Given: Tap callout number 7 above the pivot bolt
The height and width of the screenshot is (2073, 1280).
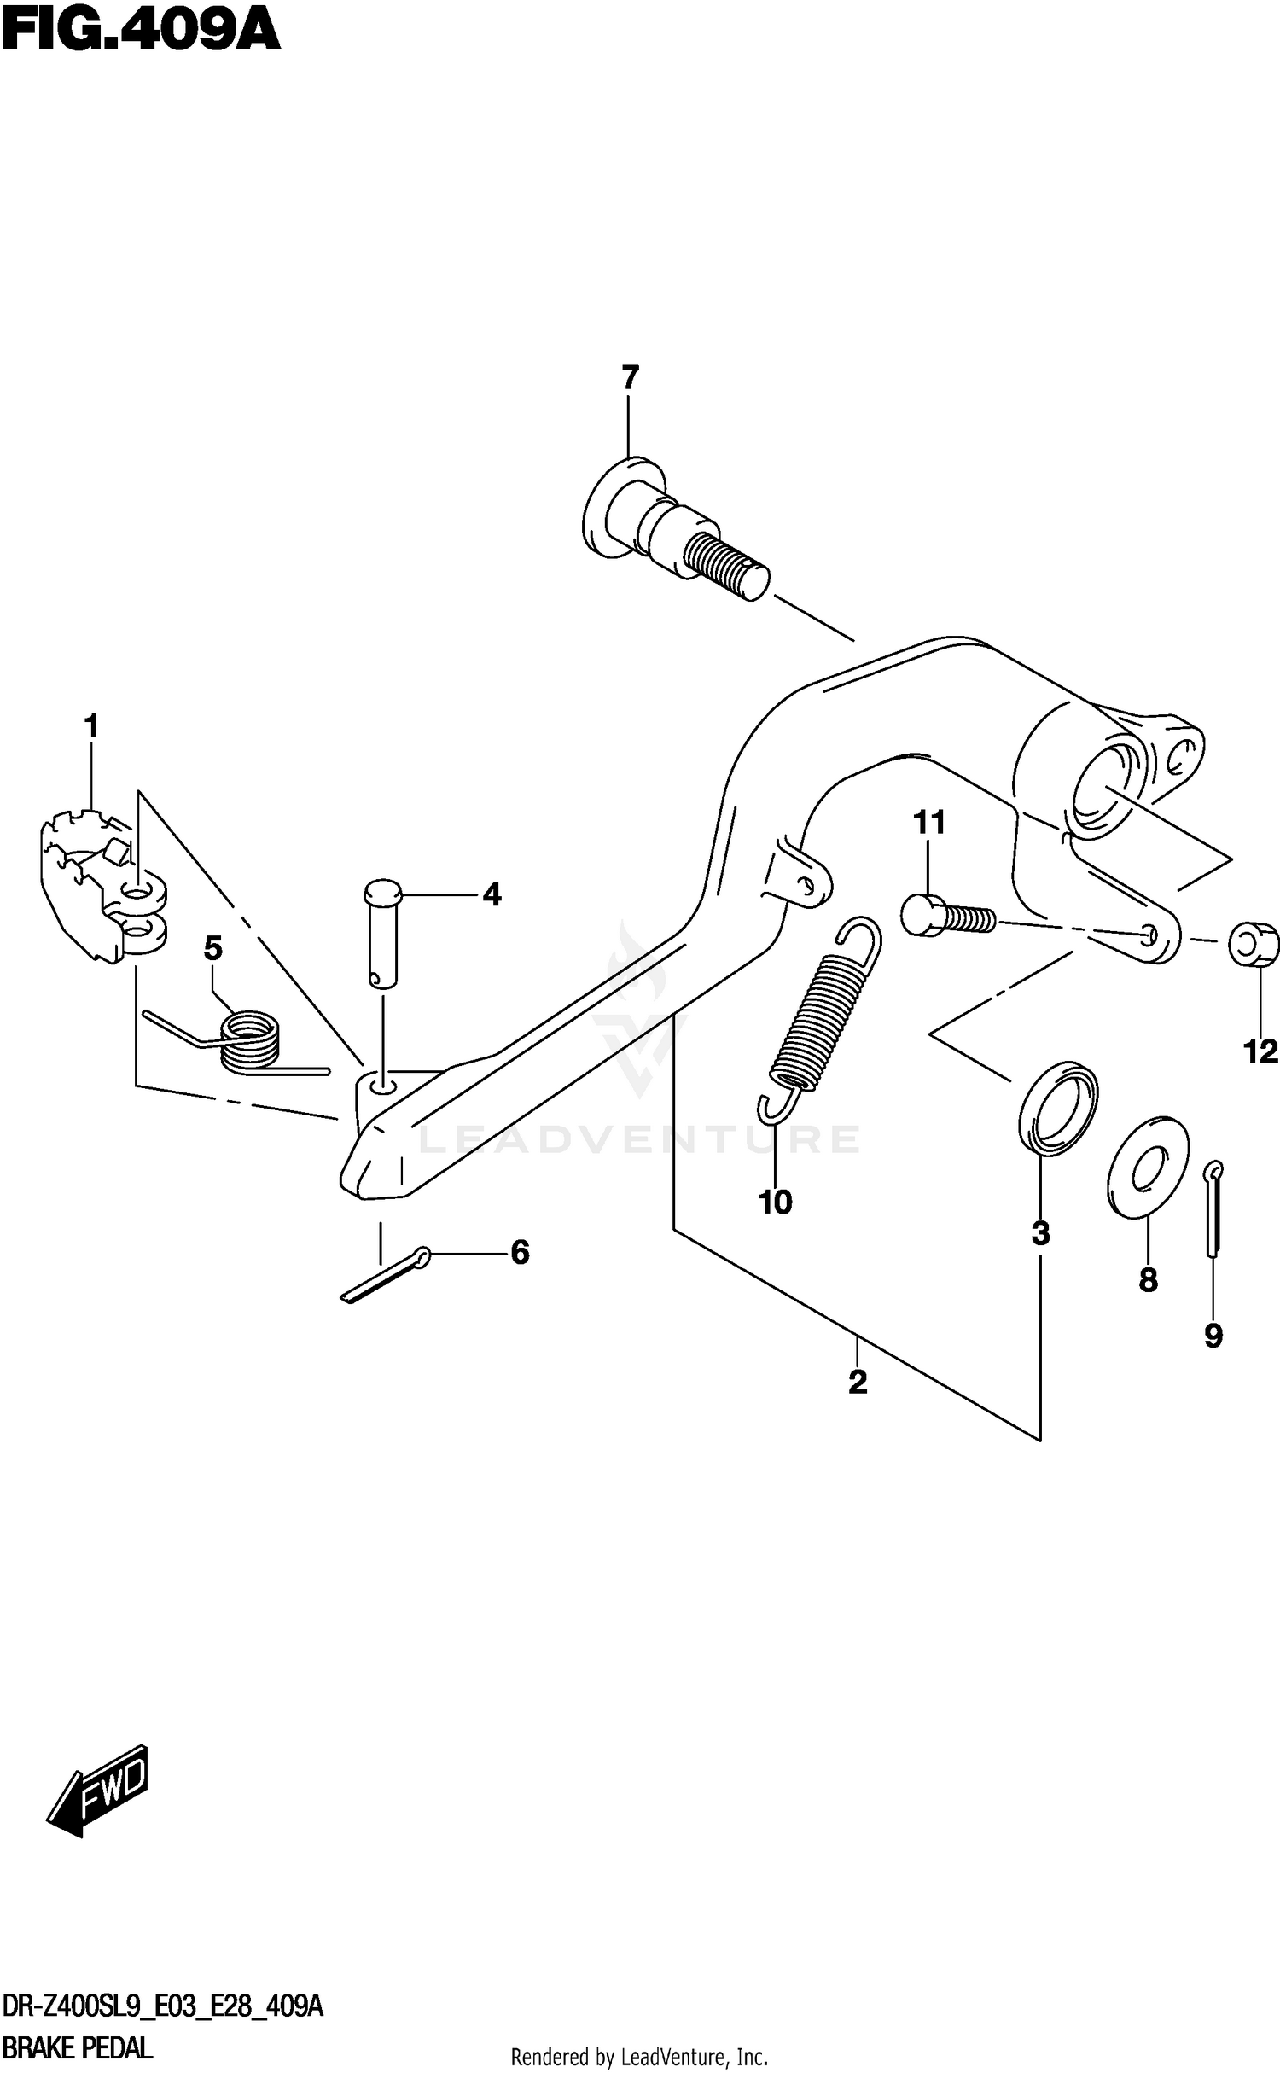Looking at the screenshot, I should [x=630, y=377].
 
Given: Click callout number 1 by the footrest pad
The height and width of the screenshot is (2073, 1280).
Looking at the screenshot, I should [x=91, y=727].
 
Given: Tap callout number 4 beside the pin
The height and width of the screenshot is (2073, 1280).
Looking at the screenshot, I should [x=492, y=894].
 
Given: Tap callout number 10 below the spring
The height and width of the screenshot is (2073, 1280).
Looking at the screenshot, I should [x=775, y=1202].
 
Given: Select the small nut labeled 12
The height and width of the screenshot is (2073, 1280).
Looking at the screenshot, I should [x=1254, y=944].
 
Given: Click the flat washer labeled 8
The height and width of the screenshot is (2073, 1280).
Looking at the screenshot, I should [x=1148, y=1166].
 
